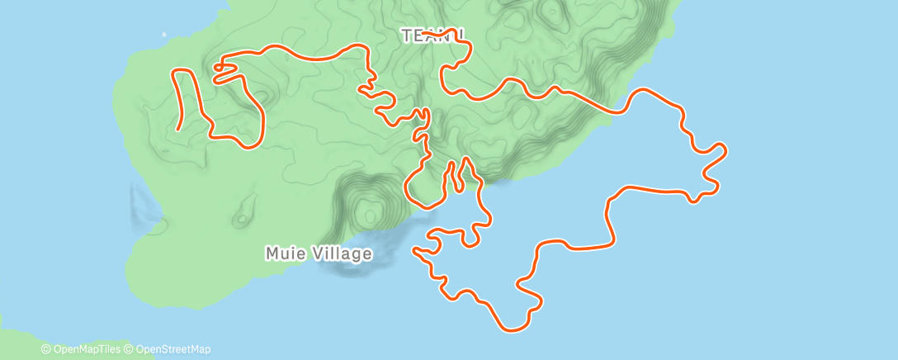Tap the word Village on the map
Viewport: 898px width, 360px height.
340,253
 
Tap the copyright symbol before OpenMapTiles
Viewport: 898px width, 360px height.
45,350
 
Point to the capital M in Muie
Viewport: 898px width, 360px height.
273,253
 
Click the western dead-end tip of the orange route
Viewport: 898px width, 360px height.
179,130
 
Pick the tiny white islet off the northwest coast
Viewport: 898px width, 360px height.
163,35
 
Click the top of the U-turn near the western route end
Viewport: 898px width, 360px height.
182,71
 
